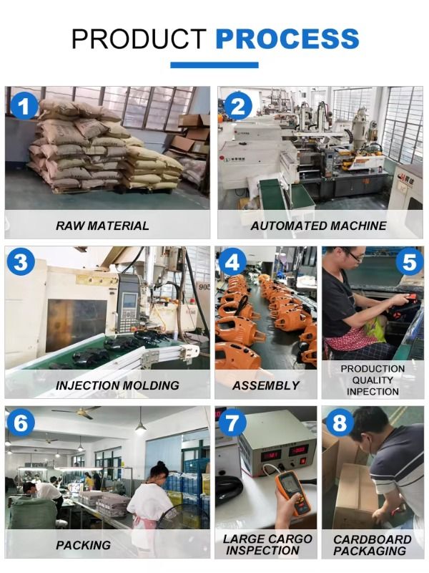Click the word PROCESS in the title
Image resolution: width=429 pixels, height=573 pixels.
pyautogui.click(x=287, y=39)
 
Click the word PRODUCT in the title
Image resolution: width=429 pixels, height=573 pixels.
pyautogui.click(x=139, y=39)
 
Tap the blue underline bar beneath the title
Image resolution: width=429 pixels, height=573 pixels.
pyautogui.click(x=214, y=65)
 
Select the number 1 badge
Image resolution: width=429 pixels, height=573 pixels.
pyautogui.click(x=24, y=106)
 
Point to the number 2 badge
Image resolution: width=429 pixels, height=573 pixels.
pyautogui.click(x=238, y=106)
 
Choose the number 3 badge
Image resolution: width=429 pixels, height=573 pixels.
pyautogui.click(x=21, y=262)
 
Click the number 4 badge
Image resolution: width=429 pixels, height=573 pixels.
pyautogui.click(x=232, y=262)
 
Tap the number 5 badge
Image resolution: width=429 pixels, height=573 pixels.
pyautogui.click(x=409, y=262)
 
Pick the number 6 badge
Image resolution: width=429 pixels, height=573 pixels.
pyautogui.click(x=21, y=423)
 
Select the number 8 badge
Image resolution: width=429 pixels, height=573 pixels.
pyautogui.click(x=339, y=423)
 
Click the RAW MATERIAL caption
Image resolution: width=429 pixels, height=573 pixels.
pyautogui.click(x=102, y=226)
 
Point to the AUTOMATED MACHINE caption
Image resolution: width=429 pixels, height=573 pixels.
pyautogui.click(x=318, y=226)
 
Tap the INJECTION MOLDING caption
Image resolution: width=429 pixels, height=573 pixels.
pyautogui.click(x=117, y=385)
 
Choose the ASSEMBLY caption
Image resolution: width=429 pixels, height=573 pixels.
pyautogui.click(x=266, y=385)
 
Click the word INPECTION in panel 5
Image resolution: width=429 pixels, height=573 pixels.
pyautogui.click(x=373, y=392)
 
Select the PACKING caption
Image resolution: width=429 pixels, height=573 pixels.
pyautogui.click(x=83, y=545)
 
